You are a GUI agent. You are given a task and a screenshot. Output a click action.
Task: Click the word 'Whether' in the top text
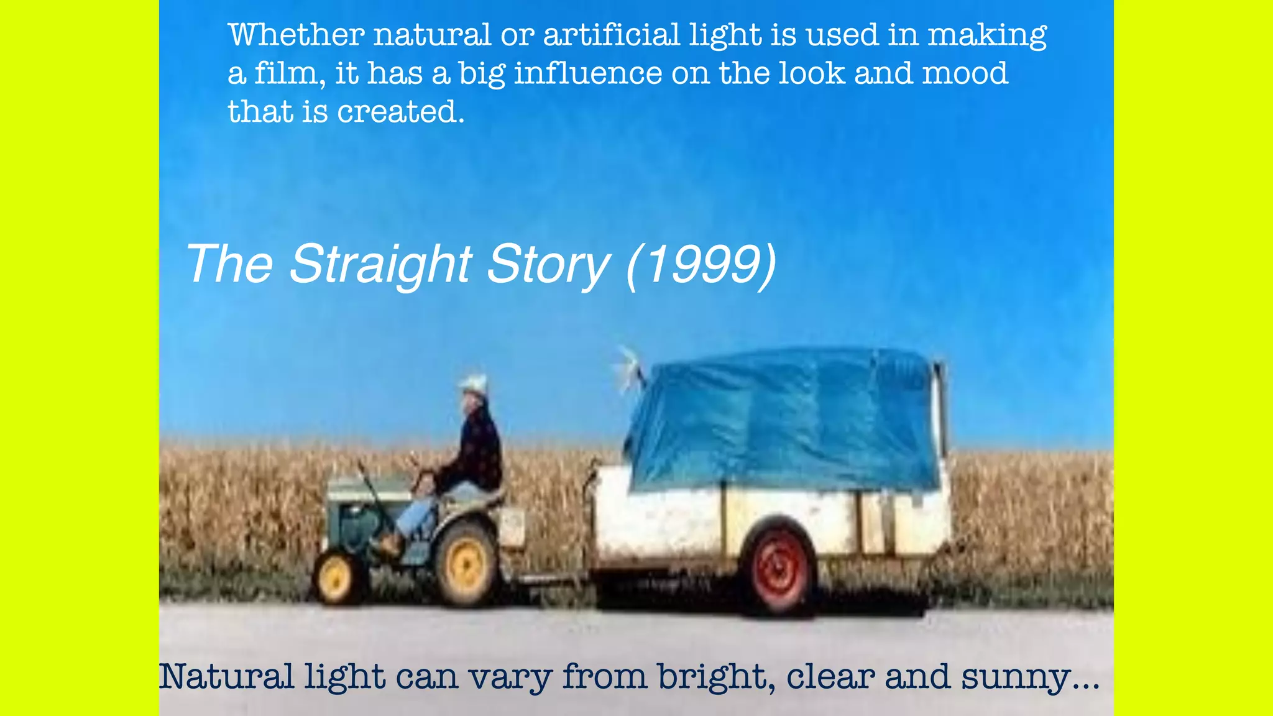click(296, 35)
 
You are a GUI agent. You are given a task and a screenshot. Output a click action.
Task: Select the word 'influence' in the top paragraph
click(587, 73)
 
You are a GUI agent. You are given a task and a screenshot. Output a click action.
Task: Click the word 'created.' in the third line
click(401, 112)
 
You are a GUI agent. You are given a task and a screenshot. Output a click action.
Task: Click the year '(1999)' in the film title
click(701, 264)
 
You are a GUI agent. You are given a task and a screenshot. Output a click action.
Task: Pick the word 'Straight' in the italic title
click(380, 264)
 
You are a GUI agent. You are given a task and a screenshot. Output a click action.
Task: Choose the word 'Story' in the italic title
click(547, 264)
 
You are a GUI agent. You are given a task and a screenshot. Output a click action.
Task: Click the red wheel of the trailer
click(779, 570)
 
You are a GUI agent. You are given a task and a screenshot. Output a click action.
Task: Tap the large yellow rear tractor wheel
click(466, 563)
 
